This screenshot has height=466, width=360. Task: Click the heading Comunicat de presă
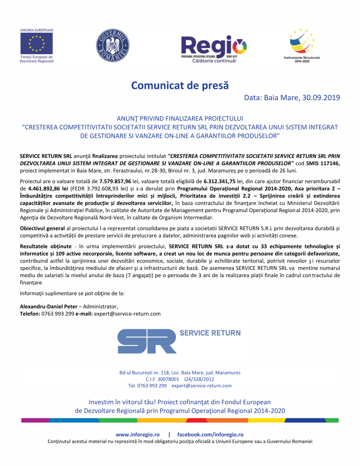180,85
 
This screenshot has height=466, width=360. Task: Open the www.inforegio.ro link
137,434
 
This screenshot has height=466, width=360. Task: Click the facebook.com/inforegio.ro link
210,434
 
